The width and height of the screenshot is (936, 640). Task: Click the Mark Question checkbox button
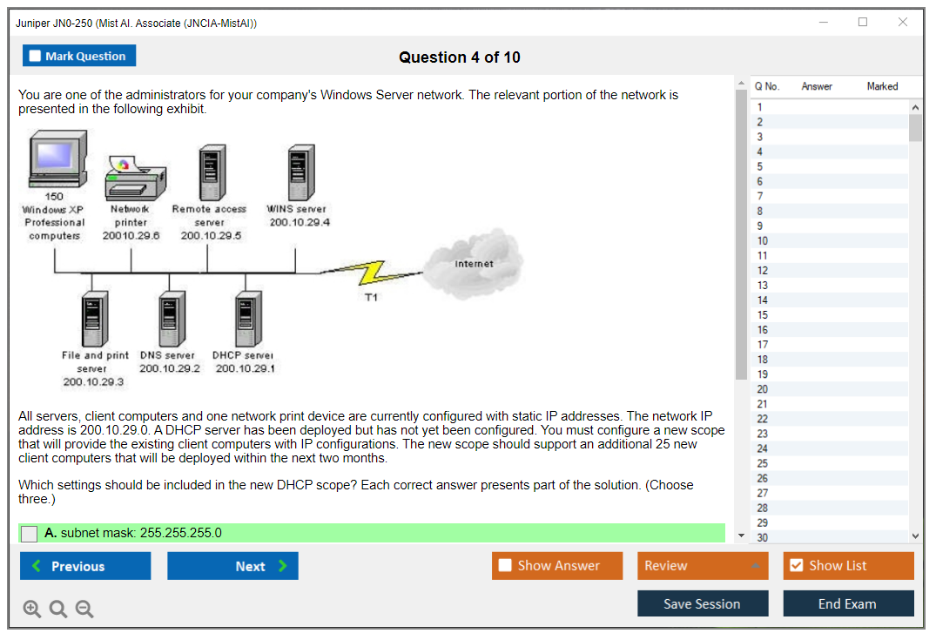[x=79, y=56]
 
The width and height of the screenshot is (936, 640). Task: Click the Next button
[x=232, y=566]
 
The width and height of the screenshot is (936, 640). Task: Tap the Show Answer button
[x=557, y=566]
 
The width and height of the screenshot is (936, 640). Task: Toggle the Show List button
[x=848, y=566]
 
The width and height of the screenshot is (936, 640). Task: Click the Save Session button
[x=703, y=603]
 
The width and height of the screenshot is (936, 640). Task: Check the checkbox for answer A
[x=30, y=534]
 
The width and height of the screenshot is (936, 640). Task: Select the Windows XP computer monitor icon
[x=57, y=159]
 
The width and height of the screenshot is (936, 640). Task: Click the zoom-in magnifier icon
[x=32, y=610]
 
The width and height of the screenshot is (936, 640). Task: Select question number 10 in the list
[x=763, y=240]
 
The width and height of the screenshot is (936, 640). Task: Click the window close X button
[x=903, y=23]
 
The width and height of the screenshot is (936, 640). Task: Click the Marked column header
[x=882, y=86]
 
